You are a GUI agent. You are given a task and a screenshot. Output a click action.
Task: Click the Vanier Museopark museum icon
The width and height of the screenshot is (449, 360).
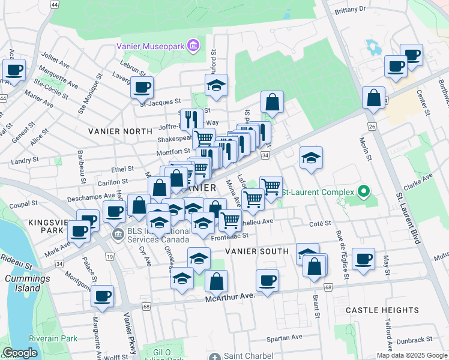pos(193,46)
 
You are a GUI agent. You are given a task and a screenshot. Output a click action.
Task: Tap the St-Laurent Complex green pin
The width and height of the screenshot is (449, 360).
pos(363,193)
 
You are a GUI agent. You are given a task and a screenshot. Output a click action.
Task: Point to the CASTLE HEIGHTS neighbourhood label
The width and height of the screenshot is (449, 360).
pos(382,310)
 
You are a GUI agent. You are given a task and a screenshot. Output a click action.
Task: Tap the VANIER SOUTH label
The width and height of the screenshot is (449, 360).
pos(257,251)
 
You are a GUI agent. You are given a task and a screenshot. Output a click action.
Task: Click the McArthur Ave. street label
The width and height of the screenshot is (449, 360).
pos(230,296)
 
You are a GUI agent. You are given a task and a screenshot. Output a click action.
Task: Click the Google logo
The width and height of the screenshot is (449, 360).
pos(20,353)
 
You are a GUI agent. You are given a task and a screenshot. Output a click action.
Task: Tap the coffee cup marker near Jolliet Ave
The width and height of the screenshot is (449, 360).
pos(14,70)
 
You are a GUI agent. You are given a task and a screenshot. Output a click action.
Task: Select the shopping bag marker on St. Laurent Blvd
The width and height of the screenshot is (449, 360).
pos(373,98)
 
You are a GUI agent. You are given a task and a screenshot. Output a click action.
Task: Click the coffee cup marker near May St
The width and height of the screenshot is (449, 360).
pos(364,259)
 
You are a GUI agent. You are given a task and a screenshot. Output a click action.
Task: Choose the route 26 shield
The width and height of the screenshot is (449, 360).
pos(372,127)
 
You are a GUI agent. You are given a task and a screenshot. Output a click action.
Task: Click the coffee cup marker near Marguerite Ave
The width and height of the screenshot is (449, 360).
pos(103,295)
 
